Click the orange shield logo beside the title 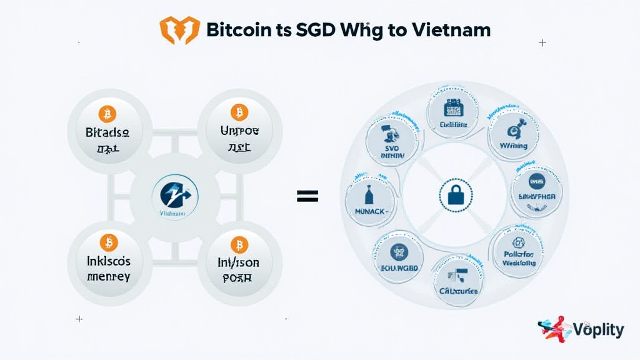tap(179, 30)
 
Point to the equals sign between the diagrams tap(307, 196)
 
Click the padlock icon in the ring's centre tap(451, 196)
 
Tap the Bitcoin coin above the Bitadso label tap(107, 114)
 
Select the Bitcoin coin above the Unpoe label tap(239, 112)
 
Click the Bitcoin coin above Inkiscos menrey tap(108, 242)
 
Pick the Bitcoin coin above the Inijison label tap(239, 244)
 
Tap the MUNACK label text tap(368, 212)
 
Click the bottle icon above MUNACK tap(369, 194)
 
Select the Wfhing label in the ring tap(514, 146)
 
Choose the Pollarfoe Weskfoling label tap(519, 259)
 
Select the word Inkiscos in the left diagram tap(108, 261)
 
